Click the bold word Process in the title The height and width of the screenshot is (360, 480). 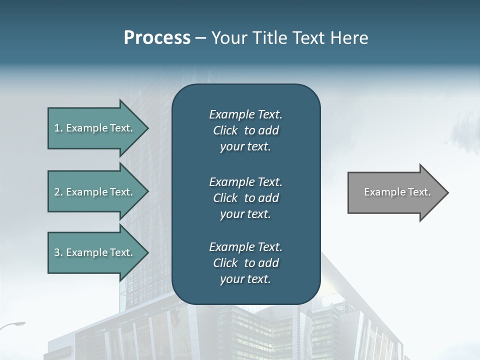157,38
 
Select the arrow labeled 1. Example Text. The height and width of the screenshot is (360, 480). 95,128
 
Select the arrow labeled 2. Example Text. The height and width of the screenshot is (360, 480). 95,192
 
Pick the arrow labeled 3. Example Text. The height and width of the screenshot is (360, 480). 95,252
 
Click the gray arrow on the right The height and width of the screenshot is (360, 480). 395,192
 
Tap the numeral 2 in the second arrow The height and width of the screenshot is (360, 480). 57,192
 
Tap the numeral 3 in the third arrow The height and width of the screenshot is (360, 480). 57,252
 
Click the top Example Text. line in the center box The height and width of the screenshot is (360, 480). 245,114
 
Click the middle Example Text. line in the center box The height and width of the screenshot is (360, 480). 245,181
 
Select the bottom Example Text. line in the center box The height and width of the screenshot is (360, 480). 245,247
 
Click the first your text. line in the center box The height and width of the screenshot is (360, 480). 245,147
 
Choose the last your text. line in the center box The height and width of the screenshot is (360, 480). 245,279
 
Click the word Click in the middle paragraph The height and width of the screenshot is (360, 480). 225,198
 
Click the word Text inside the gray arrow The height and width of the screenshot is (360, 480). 419,192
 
